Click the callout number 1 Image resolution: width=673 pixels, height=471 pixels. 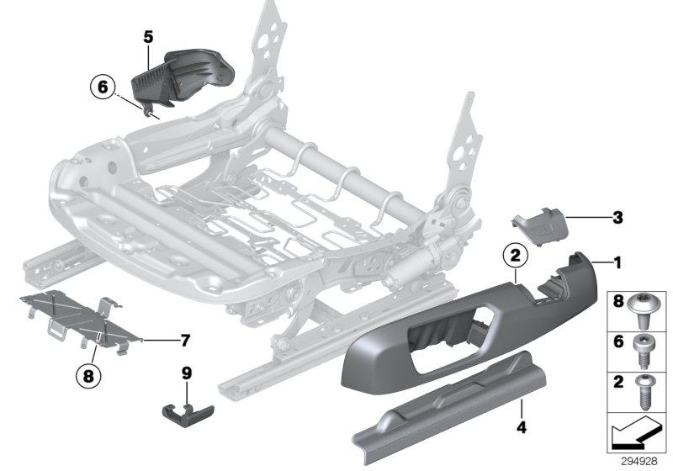point(617,264)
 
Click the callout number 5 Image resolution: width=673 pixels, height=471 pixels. point(148,36)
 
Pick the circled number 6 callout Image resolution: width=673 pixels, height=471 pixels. point(103,87)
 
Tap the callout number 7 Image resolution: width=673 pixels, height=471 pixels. point(184,341)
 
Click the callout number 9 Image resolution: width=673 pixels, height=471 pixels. point(188,372)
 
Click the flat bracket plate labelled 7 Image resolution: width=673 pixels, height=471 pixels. point(76,320)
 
